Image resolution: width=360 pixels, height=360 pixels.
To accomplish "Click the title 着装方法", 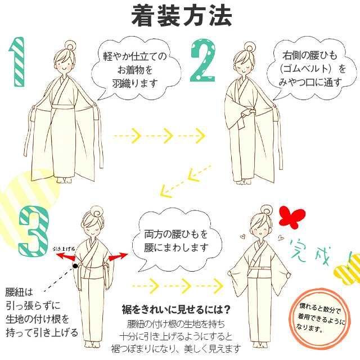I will pos(181,16).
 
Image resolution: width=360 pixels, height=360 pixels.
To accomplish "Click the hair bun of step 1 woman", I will pos(69,46).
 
